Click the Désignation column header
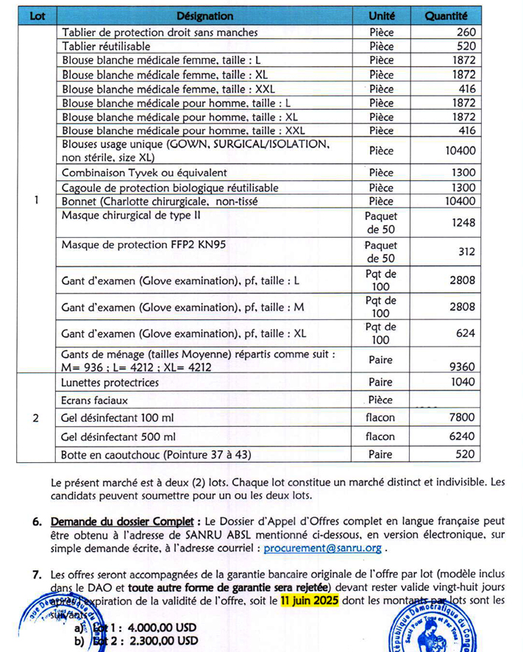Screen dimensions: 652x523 [x=205, y=15]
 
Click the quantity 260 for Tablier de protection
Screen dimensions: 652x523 [x=466, y=32]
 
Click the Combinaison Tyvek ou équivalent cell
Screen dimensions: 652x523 [x=144, y=172]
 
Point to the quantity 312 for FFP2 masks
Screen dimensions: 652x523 [x=466, y=252]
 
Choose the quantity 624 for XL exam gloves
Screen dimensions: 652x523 [x=466, y=333]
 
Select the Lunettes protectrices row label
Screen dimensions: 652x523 [x=110, y=383]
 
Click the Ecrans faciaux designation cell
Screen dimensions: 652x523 [x=95, y=400]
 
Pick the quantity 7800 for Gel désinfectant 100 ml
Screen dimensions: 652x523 [x=460, y=418]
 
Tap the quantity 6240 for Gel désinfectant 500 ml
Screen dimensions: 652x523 [x=460, y=436]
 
